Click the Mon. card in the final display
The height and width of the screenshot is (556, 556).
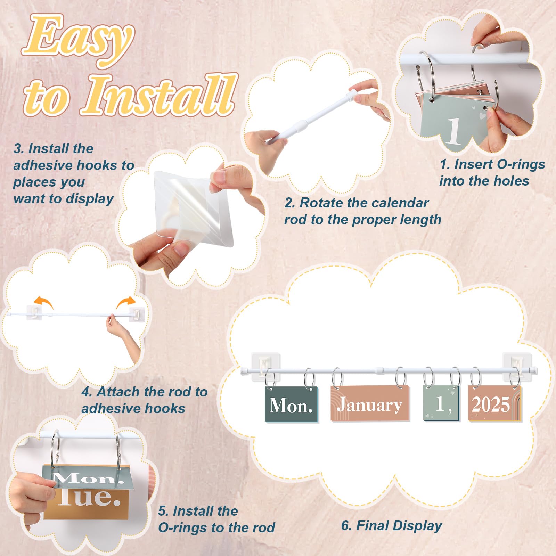click(x=291, y=404)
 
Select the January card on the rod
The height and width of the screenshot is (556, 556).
click(x=370, y=403)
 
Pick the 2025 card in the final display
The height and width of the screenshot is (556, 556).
click(x=494, y=403)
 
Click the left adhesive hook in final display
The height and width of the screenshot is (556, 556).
click(x=265, y=366)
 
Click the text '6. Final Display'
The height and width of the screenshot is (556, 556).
click(x=392, y=526)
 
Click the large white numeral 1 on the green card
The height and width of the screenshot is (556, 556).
click(x=453, y=131)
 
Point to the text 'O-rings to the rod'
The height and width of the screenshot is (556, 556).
click(x=216, y=528)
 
